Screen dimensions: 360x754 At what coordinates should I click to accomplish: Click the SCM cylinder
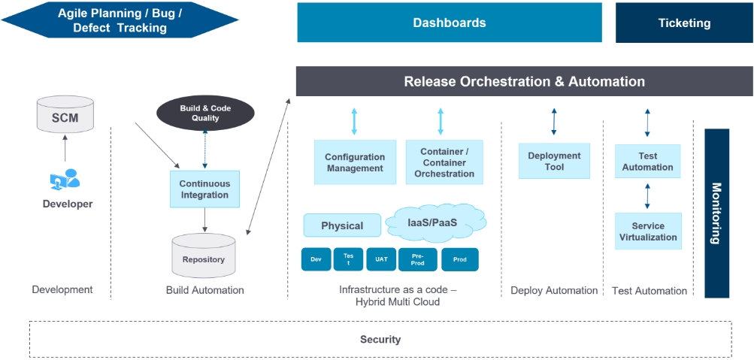coord(65,116)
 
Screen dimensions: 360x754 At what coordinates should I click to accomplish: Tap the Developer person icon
coord(65,179)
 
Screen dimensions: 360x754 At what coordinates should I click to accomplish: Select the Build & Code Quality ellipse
coord(205,113)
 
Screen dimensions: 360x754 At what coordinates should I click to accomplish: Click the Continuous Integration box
coord(204,189)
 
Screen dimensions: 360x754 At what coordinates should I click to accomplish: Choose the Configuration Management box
coord(355,162)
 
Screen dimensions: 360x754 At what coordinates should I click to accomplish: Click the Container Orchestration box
coord(444,162)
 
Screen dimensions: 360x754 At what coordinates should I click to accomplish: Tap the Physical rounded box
coord(342,225)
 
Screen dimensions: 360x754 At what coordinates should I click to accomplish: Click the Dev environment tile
coord(316,259)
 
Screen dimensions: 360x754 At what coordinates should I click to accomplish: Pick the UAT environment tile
coord(381,259)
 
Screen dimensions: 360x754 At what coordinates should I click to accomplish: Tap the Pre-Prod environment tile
coord(418,259)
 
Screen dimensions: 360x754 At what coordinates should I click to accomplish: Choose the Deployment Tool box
coord(554,161)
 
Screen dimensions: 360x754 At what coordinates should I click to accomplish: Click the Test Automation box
coord(647,162)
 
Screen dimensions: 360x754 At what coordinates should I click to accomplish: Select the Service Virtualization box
coord(647,231)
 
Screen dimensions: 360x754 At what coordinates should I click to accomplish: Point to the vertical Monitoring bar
coord(716,213)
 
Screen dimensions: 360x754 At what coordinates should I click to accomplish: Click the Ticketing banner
coord(684,23)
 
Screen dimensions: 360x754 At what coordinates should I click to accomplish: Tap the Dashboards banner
coord(450,23)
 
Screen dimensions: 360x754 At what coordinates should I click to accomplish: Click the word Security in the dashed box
coord(380,340)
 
